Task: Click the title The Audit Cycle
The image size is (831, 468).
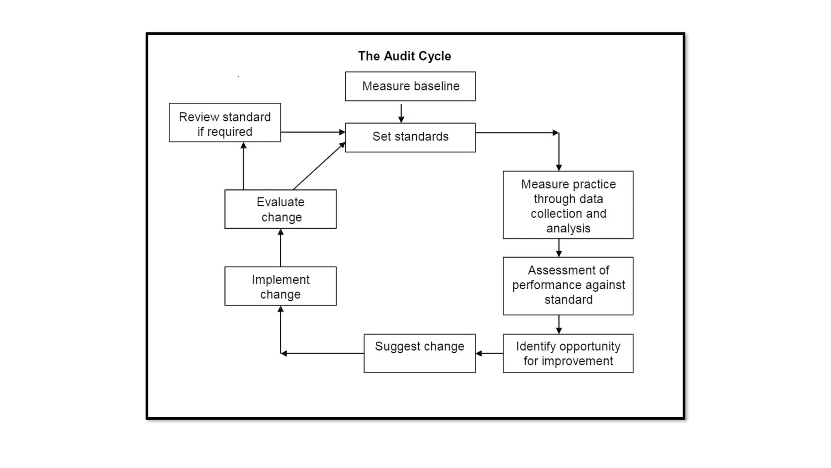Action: (x=404, y=56)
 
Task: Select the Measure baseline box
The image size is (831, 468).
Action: (x=410, y=87)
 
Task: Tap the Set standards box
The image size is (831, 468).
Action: (x=410, y=137)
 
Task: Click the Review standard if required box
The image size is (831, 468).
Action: (x=225, y=123)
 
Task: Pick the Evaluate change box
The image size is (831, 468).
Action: (x=280, y=209)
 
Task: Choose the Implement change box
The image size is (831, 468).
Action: (x=280, y=286)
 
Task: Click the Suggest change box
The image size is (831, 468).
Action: (x=420, y=353)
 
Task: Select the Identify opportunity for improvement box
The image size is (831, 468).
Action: (x=568, y=353)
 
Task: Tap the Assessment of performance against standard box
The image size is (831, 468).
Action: (x=568, y=286)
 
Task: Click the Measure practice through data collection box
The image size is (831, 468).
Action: (x=568, y=205)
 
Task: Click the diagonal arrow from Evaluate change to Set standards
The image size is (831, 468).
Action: (x=319, y=166)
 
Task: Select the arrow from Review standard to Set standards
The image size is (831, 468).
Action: (x=312, y=132)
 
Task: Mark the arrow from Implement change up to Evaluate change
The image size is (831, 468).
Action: (x=280, y=248)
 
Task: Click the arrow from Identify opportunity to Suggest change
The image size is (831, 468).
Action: (x=489, y=353)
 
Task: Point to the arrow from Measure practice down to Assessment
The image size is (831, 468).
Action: (x=559, y=248)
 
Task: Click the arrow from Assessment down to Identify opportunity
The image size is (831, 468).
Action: (x=559, y=324)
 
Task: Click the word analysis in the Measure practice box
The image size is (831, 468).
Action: (x=568, y=228)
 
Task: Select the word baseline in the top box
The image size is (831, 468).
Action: (x=437, y=86)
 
